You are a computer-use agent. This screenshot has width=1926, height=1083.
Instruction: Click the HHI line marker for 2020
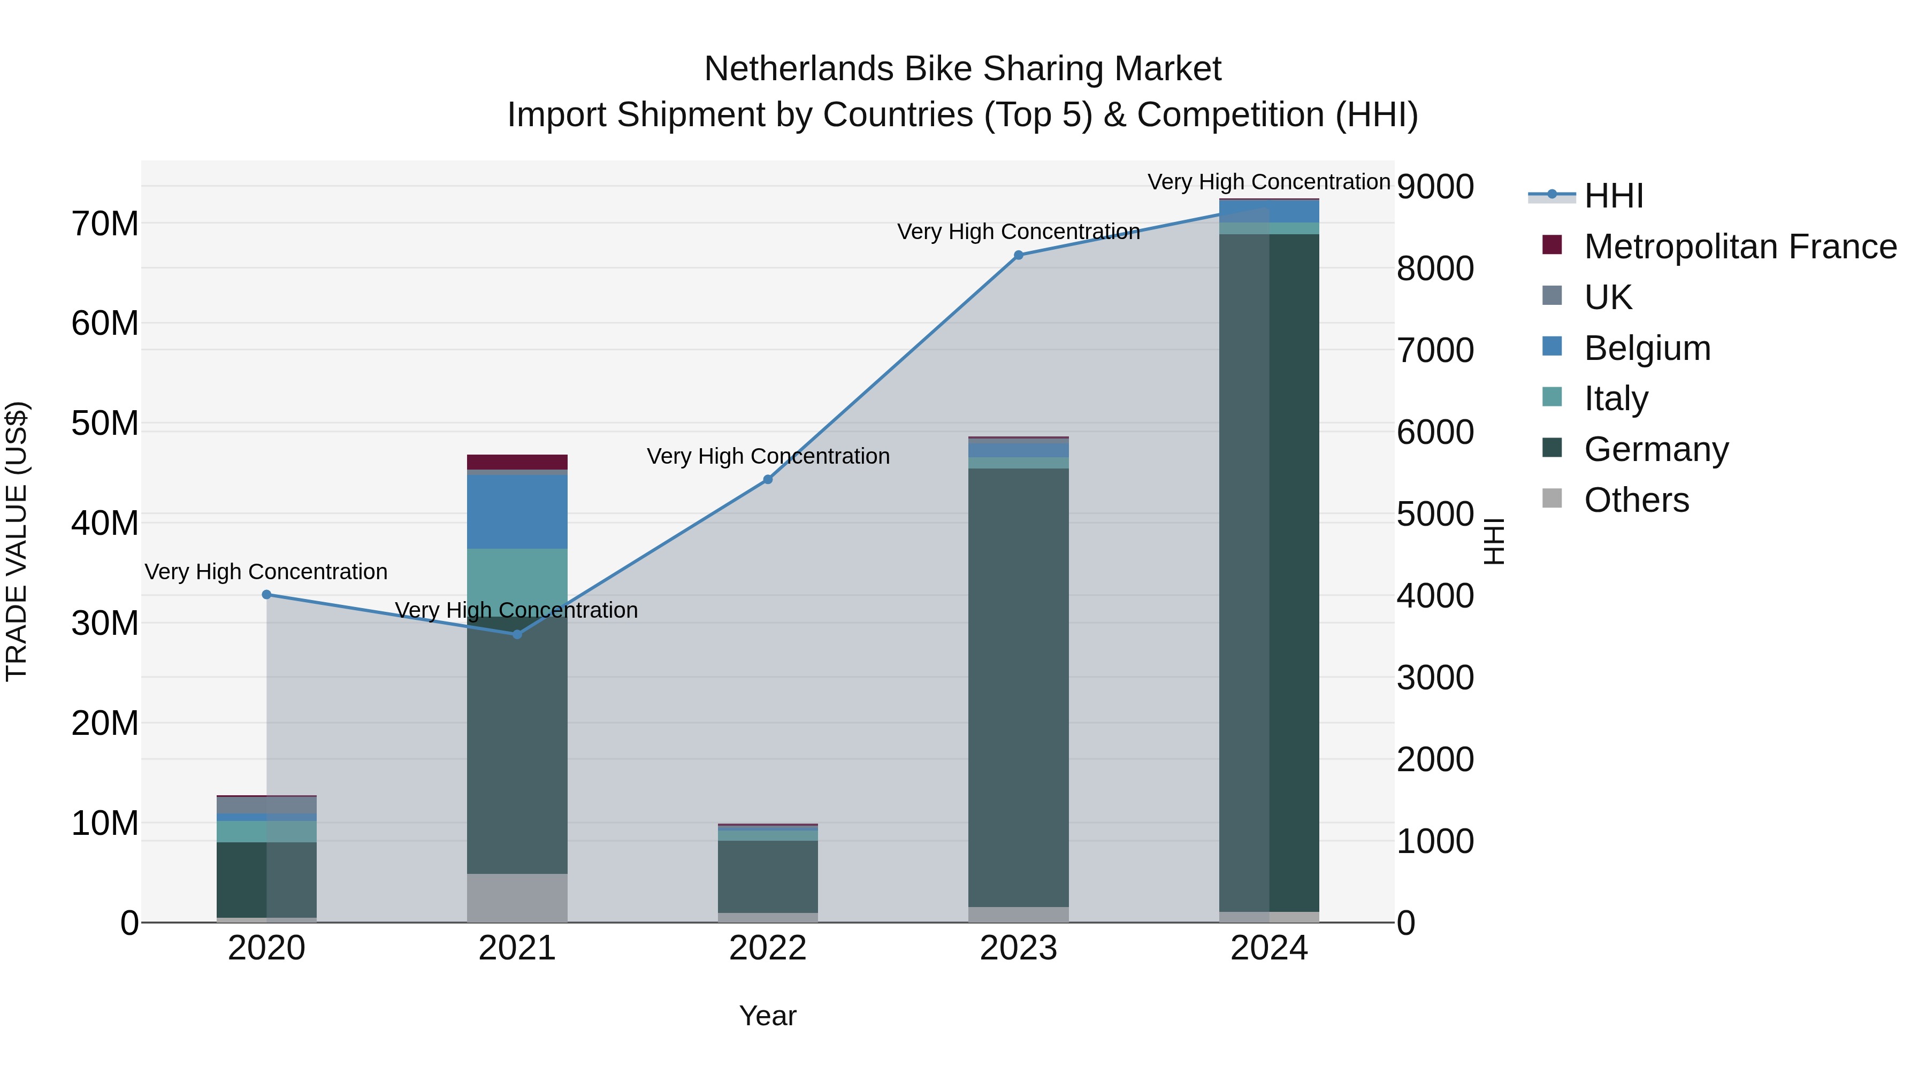click(266, 594)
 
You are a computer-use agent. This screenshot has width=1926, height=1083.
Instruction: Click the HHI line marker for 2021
click(517, 634)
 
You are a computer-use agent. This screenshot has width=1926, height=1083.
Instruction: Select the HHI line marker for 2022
click(767, 479)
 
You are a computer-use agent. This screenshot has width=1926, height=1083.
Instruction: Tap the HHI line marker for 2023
click(1018, 255)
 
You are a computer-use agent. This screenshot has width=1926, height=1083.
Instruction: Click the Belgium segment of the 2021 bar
click(517, 511)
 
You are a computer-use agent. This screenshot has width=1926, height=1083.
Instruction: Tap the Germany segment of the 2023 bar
click(1018, 688)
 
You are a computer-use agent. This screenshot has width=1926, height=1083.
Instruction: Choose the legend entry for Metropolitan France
click(1739, 247)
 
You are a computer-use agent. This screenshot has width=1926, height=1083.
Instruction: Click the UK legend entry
click(1608, 297)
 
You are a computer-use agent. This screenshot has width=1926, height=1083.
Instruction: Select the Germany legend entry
click(1655, 449)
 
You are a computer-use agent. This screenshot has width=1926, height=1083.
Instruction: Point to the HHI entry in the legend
click(1614, 196)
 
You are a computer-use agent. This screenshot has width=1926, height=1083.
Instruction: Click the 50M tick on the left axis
click(105, 424)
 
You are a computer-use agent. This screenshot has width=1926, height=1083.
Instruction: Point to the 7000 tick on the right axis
click(1435, 350)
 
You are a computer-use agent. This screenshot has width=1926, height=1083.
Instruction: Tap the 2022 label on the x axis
click(767, 948)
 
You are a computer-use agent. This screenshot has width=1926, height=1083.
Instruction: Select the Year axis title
click(767, 1016)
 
